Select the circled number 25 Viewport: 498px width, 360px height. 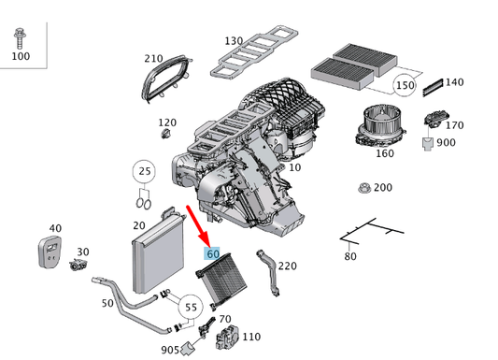click(x=143, y=171)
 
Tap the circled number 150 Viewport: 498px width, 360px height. click(x=405, y=85)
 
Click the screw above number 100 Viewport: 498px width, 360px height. click(x=20, y=38)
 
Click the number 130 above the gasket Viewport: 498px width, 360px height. click(x=234, y=42)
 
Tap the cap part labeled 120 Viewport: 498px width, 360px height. click(x=164, y=137)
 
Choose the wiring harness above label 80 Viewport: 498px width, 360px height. click(x=369, y=230)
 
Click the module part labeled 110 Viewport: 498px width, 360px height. click(x=227, y=338)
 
